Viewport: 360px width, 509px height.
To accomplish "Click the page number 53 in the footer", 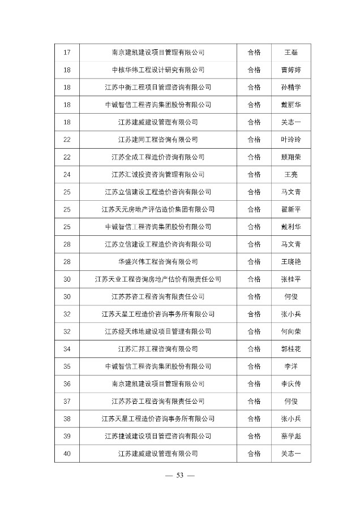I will click(181, 475).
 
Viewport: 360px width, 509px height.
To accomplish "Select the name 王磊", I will click(290, 53).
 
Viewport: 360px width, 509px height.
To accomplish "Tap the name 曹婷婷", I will click(290, 70).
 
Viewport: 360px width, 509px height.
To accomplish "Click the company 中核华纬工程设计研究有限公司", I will click(158, 70).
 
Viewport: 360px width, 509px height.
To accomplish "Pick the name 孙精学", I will click(290, 87).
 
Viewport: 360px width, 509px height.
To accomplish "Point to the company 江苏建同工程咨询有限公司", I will click(158, 140).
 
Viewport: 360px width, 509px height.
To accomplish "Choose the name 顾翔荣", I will click(290, 157).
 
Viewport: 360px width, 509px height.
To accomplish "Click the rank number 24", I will click(67, 174).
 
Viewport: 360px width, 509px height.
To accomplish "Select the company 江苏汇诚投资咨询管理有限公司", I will click(158, 174).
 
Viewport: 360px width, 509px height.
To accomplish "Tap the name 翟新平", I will click(290, 209).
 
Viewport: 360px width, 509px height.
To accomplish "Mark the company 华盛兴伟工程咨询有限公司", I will click(158, 261).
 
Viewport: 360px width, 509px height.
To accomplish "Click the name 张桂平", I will click(290, 279).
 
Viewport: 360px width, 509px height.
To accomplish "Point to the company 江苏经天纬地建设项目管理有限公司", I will click(158, 331).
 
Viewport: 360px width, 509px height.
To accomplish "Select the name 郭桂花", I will click(290, 349).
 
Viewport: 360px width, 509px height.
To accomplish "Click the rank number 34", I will click(67, 349).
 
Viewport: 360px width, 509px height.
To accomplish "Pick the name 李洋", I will click(290, 366).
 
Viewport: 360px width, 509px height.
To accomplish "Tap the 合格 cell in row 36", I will click(254, 383).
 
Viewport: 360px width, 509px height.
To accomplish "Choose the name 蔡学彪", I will click(290, 435).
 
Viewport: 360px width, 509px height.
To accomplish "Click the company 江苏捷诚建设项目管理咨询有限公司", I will click(158, 435).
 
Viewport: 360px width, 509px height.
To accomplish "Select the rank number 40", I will click(67, 453).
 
